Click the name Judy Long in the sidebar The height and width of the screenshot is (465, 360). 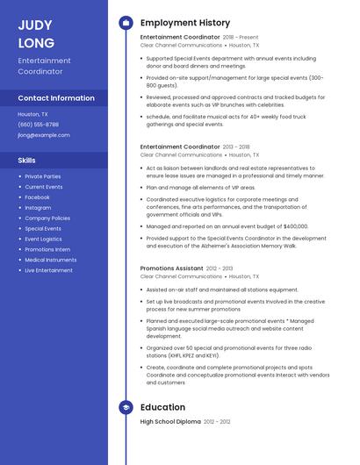(x=36, y=33)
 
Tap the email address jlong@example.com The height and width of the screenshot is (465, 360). (x=44, y=135)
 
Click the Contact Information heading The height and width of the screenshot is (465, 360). (x=56, y=98)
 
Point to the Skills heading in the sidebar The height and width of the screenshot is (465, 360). (x=27, y=161)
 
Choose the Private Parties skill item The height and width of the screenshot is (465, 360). (x=43, y=176)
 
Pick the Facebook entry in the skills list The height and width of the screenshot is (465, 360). (x=37, y=197)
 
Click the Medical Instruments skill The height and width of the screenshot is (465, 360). (x=50, y=260)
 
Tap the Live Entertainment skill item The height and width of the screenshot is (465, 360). (x=48, y=270)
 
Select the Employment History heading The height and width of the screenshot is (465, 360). (x=185, y=23)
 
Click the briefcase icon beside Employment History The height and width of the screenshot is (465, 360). (x=126, y=23)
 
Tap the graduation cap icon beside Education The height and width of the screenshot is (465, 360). (x=126, y=407)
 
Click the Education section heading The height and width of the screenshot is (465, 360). (x=162, y=407)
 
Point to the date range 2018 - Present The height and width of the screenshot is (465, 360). (x=241, y=38)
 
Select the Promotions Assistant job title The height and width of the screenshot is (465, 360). (x=171, y=268)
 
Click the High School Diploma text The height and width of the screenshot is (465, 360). (x=170, y=422)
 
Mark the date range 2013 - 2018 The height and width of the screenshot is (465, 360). (x=236, y=147)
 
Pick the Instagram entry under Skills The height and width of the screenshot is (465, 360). (x=38, y=208)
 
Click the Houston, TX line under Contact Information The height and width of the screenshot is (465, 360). (x=33, y=114)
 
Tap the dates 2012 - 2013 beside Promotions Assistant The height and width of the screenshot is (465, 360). (x=220, y=268)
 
